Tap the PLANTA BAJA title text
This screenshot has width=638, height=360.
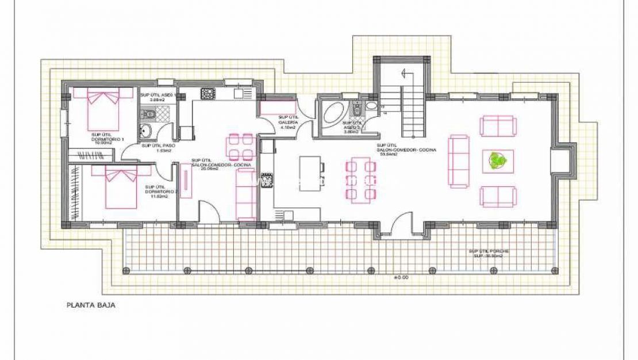tap(91, 306)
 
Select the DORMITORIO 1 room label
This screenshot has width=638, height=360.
tap(107, 138)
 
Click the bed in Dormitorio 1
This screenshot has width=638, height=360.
tap(105, 109)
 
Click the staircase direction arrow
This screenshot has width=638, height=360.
tap(405, 73)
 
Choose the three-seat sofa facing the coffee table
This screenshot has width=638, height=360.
tap(459, 162)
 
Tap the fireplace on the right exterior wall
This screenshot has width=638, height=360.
tap(560, 162)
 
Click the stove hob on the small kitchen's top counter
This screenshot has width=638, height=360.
tap(207, 93)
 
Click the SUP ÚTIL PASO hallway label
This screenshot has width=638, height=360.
tap(158, 148)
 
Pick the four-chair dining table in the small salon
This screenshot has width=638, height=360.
tap(240, 146)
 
